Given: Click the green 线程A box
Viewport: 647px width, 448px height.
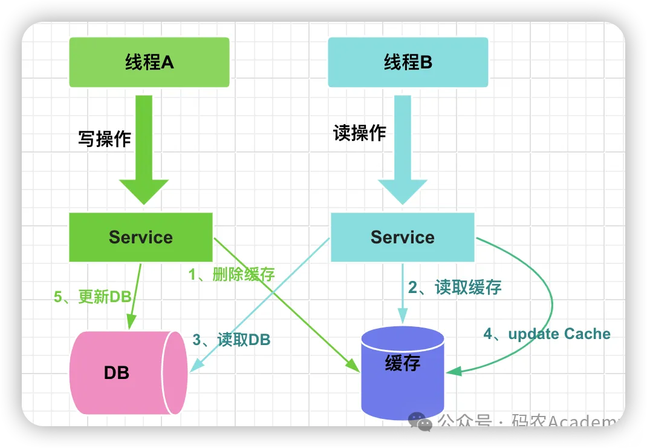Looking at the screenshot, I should click(x=149, y=62).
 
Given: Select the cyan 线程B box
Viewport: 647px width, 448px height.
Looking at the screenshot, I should click(x=408, y=62).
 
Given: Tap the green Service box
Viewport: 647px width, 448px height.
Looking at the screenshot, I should click(x=141, y=237).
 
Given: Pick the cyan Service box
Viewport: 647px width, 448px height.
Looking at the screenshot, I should click(x=402, y=237).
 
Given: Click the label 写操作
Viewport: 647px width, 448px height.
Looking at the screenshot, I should click(x=105, y=139).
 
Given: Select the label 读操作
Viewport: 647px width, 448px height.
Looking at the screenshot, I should click(x=360, y=133).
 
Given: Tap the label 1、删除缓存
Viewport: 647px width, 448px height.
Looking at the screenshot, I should click(x=232, y=274).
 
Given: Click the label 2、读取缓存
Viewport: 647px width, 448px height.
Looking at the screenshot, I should click(x=455, y=287).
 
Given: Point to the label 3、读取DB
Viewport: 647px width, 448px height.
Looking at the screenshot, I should click(x=232, y=340).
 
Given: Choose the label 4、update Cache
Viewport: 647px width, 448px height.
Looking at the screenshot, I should click(x=547, y=334).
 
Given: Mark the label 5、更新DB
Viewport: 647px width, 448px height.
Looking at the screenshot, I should click(x=93, y=297).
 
